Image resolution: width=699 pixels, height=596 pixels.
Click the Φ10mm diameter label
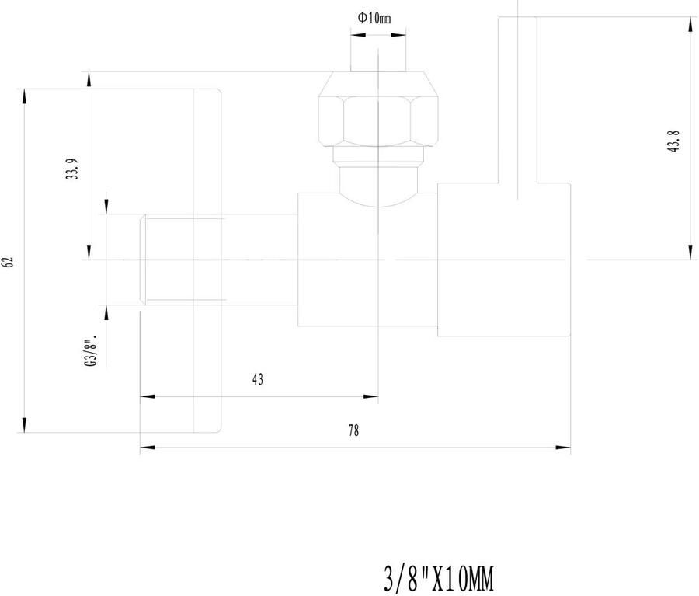374,18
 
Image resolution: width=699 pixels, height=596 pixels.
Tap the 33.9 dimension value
72,169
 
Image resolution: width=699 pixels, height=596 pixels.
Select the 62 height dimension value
9,262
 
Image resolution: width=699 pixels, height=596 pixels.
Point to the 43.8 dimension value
673,142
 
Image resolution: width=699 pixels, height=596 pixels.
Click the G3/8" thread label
91,351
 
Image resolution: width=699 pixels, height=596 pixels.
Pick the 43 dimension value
258,380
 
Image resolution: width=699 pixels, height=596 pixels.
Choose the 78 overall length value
353,431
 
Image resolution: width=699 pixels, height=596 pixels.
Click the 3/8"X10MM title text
439,580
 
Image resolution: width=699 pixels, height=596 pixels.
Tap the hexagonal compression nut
377,109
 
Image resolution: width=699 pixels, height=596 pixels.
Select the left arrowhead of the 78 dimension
148,447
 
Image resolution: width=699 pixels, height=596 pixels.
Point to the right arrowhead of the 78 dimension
563,447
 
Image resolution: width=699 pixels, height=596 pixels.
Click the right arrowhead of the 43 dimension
371,396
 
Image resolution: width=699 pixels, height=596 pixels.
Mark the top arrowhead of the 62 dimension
25,97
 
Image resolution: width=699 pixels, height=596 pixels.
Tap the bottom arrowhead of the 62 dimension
25,425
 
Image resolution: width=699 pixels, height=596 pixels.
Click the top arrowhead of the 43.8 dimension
690,25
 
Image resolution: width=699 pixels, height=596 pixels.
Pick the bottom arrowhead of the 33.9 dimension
89,252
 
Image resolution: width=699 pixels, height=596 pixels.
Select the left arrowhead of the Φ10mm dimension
358,34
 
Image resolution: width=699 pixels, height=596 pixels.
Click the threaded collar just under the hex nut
378,157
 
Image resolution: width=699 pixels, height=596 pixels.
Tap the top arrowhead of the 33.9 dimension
89,79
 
